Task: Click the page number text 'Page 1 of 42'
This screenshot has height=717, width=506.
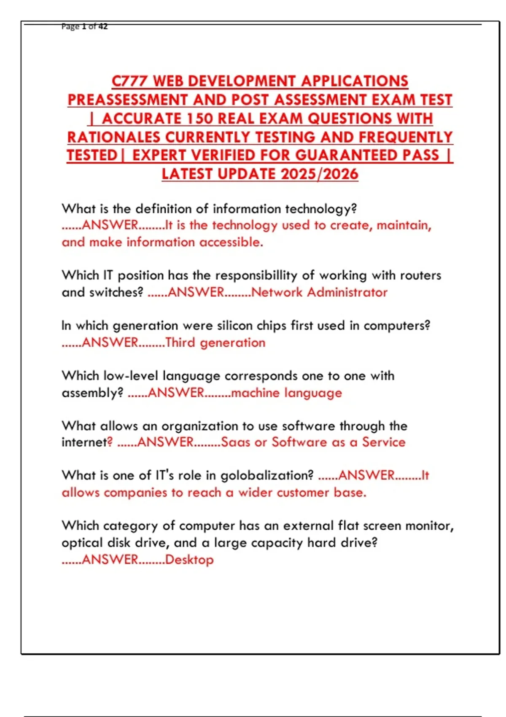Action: [84, 27]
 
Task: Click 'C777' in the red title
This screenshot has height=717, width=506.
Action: [129, 81]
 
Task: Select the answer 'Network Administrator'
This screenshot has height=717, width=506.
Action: [319, 292]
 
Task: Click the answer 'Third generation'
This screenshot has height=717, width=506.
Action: [215, 342]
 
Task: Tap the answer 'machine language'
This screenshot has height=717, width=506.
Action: [286, 393]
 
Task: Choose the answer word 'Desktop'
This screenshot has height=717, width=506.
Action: [189, 560]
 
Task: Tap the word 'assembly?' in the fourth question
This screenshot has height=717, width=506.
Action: [92, 393]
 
